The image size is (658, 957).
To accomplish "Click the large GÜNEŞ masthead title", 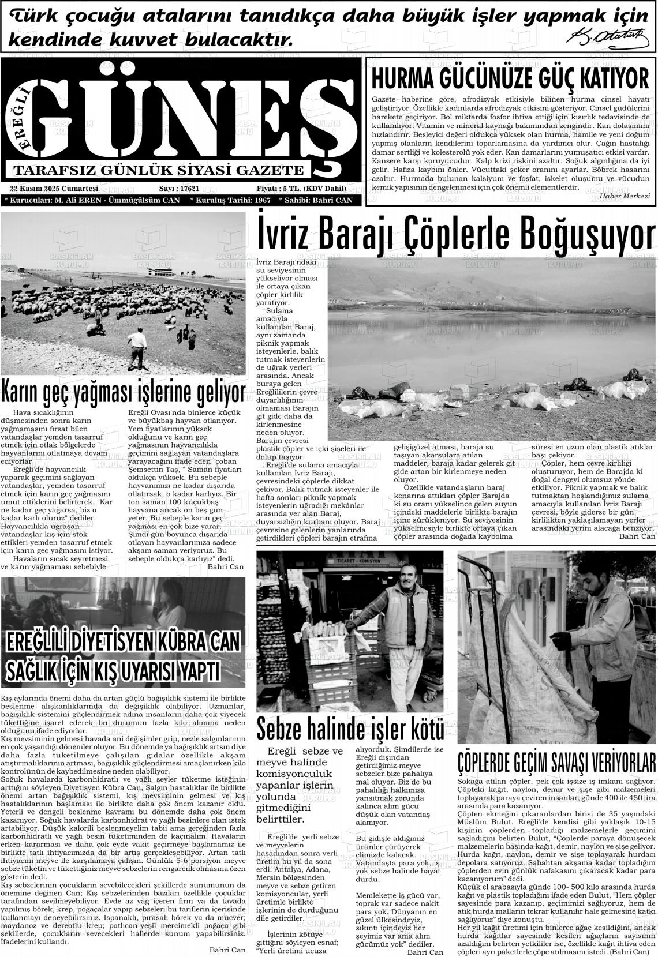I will (190, 115).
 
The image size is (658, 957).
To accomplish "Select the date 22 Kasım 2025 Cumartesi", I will (54, 189).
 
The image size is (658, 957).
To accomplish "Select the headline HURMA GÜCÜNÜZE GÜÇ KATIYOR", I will (510, 77).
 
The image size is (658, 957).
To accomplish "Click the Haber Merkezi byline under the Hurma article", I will (625, 196).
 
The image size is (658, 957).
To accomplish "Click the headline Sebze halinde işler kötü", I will (350, 728).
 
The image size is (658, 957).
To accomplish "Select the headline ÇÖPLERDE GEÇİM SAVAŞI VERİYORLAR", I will (557, 761).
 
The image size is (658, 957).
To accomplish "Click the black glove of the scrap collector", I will (559, 640).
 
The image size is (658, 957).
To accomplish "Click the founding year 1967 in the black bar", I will (262, 200).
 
